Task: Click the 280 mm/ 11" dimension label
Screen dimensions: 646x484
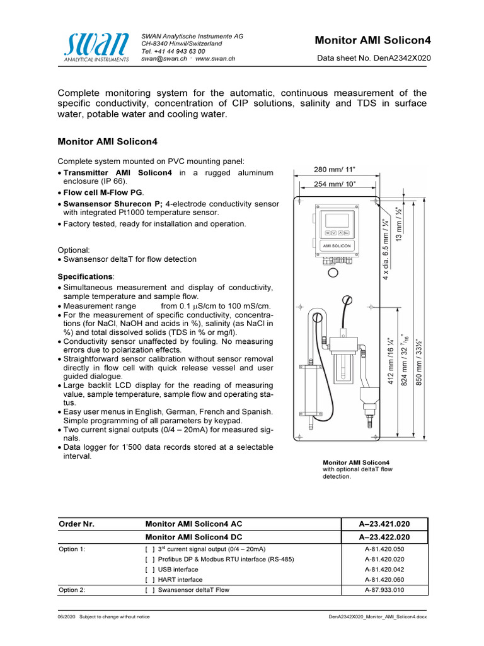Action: coord(335,169)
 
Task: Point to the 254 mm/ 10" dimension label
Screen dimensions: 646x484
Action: coord(335,184)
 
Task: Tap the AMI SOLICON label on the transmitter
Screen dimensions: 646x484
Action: coord(337,245)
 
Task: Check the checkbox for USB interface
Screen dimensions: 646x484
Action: coord(150,569)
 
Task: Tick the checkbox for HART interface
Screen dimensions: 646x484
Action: coord(150,579)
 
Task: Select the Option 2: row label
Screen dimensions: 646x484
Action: coord(72,590)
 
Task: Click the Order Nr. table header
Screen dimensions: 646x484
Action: coord(76,524)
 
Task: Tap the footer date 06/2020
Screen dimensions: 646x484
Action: coord(66,616)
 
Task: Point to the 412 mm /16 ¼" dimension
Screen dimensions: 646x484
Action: coord(391,360)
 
